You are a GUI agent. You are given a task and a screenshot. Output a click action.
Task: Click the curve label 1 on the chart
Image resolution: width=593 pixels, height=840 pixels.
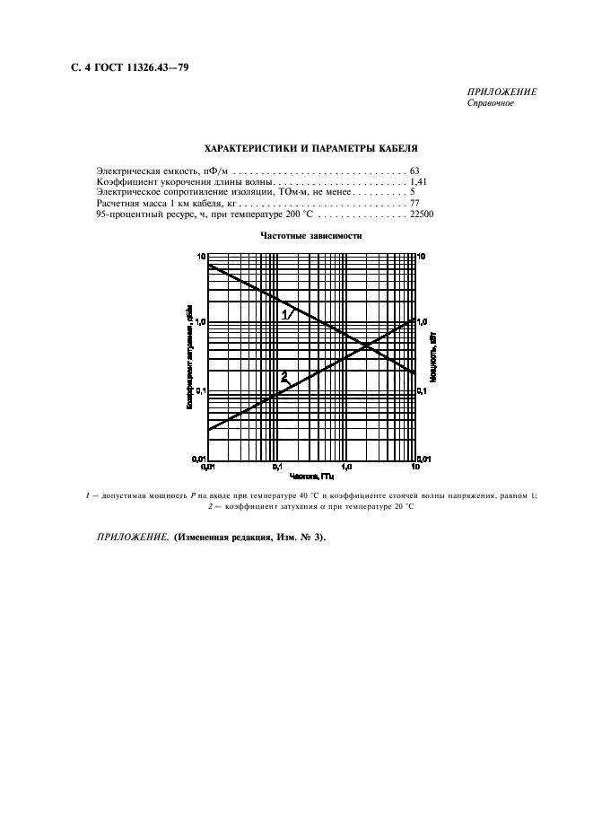pos(286,315)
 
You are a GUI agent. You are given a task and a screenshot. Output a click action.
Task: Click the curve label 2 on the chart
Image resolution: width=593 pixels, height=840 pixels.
pos(284,375)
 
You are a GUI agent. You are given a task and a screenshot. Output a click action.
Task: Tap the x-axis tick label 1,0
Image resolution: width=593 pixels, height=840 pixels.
pos(346,468)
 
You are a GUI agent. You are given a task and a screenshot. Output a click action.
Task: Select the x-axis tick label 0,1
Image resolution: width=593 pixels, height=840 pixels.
pos(277,468)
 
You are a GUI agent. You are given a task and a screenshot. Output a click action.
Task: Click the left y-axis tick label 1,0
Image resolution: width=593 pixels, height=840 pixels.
pos(200,322)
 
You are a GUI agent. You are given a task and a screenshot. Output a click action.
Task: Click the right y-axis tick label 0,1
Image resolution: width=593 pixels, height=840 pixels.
pos(424,390)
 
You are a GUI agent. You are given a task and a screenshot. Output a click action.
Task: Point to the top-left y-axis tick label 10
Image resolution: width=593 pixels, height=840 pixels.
pos(201,257)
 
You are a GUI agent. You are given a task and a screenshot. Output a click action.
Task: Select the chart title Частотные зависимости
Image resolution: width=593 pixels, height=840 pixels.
pos(310,236)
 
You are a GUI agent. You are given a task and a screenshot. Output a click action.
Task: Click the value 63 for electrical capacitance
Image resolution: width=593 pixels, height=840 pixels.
pos(414,170)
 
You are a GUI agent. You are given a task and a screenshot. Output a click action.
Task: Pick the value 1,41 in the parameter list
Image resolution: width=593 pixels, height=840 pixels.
pos(417,181)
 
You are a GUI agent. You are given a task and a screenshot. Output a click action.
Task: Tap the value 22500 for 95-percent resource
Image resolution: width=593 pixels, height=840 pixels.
pos(422,215)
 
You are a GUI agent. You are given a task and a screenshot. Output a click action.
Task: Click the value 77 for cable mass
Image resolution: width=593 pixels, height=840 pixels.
pos(414,204)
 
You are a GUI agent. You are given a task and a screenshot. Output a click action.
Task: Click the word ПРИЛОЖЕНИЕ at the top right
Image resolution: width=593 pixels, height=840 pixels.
pos(502,92)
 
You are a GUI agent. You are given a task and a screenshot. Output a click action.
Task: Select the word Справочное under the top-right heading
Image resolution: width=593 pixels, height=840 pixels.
pos(492,103)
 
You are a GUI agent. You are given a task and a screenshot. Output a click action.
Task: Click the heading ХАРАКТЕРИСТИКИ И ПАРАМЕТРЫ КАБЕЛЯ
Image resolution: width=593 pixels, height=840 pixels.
pos(310,147)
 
